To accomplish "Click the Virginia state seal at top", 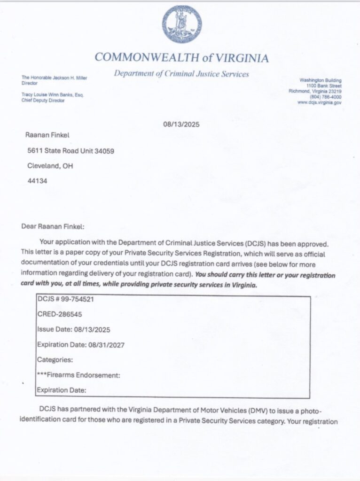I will click(x=182, y=24).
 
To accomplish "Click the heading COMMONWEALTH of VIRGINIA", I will click(x=182, y=58).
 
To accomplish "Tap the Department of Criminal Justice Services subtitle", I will click(x=181, y=74).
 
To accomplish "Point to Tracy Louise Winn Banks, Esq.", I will click(x=53, y=94).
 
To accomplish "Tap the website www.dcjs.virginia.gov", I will click(x=320, y=102).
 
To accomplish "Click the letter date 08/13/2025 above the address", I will click(x=181, y=124).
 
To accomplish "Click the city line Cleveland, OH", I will click(x=50, y=166).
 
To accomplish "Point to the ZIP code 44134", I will click(x=36, y=180).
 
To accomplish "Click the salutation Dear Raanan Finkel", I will click(x=53, y=226).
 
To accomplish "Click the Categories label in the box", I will click(x=55, y=360).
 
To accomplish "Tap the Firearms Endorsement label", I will click(x=79, y=375).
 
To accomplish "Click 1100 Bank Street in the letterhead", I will click(x=324, y=86).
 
